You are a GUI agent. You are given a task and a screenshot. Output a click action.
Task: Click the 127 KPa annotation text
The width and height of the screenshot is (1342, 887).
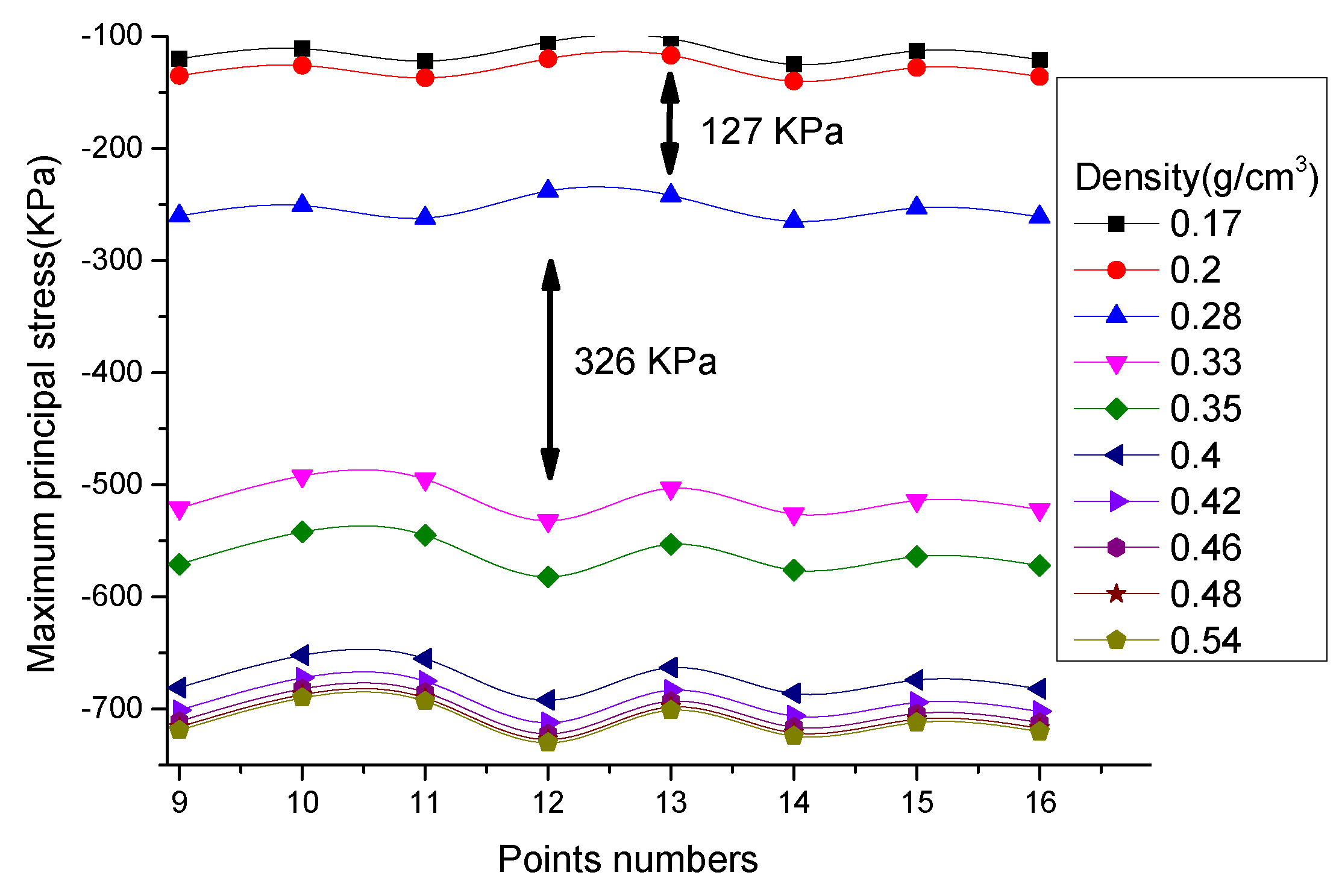pos(772,131)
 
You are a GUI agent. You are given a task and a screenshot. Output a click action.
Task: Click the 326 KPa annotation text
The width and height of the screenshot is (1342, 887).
pos(645,362)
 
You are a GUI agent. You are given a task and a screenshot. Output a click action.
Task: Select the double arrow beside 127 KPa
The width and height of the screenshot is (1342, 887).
pos(669,124)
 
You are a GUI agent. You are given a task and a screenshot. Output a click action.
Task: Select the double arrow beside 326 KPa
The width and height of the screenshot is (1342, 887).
pos(550,370)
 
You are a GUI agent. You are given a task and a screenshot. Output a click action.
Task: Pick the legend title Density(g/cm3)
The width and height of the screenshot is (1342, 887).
pos(1196,178)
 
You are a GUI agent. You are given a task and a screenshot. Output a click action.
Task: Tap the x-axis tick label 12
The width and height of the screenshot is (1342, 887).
pos(548,803)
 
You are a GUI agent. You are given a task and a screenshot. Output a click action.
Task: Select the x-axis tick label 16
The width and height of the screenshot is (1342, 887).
pos(1039,803)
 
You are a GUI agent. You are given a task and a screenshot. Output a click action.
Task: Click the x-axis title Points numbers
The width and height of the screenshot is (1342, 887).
pos(627,859)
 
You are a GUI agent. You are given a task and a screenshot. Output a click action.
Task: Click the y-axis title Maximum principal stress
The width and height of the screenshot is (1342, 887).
pos(42,415)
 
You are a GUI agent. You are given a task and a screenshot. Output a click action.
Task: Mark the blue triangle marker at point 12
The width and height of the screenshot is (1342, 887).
pos(548,189)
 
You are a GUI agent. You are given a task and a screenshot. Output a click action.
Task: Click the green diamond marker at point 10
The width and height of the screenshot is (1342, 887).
pos(302,531)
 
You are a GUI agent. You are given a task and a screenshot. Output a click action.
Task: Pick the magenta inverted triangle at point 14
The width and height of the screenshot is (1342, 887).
pos(794,516)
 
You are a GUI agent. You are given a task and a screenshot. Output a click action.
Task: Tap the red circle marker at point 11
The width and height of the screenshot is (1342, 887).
pos(425,78)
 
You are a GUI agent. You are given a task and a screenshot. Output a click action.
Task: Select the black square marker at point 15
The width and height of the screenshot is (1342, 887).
pos(917,51)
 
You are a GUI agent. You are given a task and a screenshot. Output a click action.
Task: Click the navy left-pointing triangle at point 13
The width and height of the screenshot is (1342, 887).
pos(669,667)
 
